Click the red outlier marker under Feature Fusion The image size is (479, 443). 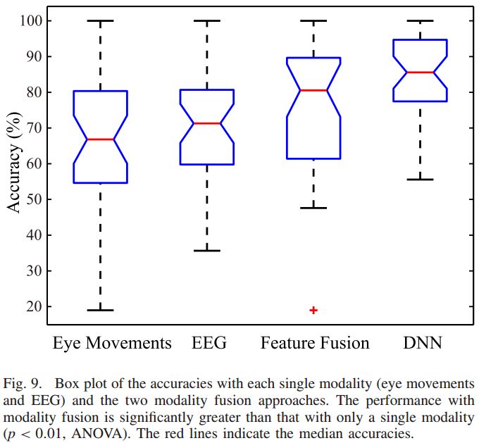coord(313,310)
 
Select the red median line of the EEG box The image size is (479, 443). coord(207,123)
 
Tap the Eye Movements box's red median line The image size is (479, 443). coord(100,139)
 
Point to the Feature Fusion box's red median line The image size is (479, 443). coord(313,90)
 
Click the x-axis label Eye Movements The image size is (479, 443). coord(112,343)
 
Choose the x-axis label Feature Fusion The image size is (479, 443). coord(314,343)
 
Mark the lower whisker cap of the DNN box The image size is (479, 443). coord(421,180)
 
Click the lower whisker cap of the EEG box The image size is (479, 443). coord(207,251)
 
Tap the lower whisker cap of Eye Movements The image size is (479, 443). coord(100,310)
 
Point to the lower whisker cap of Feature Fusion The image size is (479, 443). coord(313,208)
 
